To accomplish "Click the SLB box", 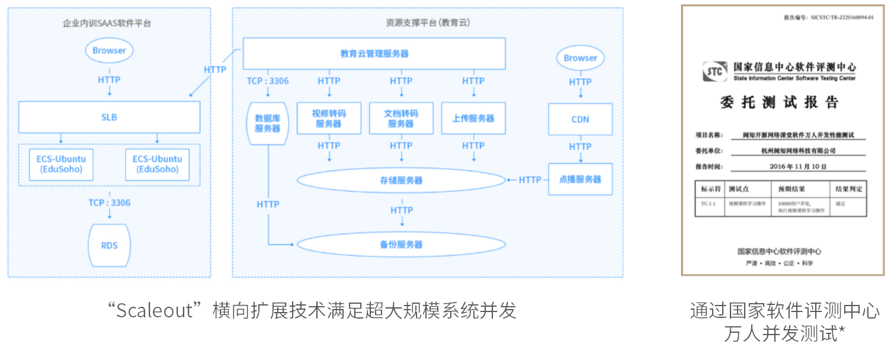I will (x=109, y=117).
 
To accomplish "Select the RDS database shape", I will (x=109, y=245).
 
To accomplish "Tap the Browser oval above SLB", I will (x=109, y=50).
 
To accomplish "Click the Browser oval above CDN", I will (x=580, y=58).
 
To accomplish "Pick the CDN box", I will (x=580, y=119).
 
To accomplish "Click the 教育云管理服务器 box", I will (x=374, y=53).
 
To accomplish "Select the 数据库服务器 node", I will (x=267, y=123).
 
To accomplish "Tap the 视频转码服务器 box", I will (x=329, y=118).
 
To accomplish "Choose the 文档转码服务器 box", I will (x=401, y=118).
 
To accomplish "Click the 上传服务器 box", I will (x=473, y=118).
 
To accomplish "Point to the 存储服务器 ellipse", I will (x=401, y=180).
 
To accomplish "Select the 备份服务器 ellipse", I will (x=401, y=245).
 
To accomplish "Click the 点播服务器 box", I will (x=580, y=179).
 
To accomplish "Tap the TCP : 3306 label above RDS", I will (x=109, y=203).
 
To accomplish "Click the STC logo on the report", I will (x=714, y=72).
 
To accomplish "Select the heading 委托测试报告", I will (x=780, y=102).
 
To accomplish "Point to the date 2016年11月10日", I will (x=797, y=167).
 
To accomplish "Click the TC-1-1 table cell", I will (x=709, y=204).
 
